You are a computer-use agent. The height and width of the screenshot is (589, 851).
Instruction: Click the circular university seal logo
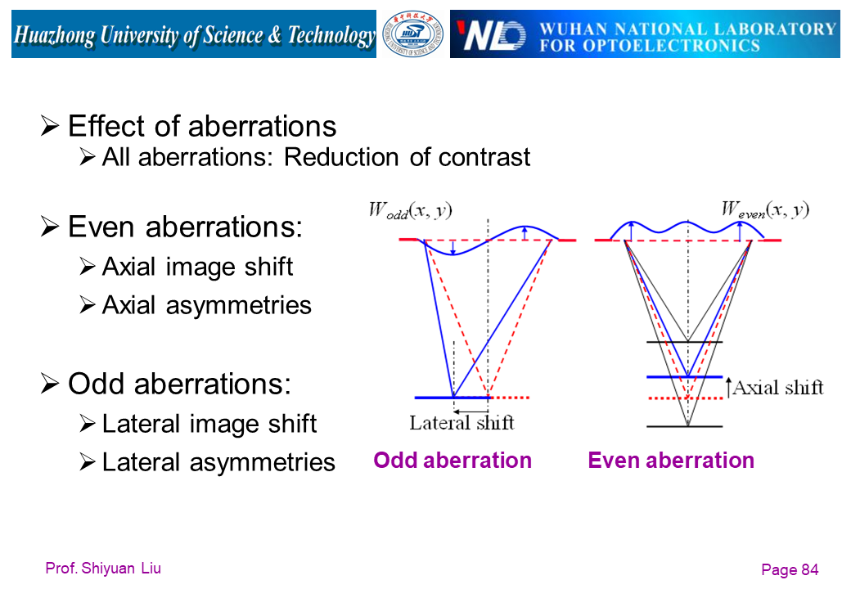pos(413,34)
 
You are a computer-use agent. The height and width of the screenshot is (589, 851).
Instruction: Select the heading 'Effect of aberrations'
pos(201,126)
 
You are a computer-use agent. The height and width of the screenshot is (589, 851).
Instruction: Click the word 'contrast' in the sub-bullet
pos(485,156)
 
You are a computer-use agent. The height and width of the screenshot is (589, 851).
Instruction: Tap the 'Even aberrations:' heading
pos(185,227)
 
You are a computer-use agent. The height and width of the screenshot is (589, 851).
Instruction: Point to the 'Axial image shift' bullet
pos(197,266)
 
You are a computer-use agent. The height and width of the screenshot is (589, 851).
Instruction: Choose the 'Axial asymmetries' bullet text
pos(206,305)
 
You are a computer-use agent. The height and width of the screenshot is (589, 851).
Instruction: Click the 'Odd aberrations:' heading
pos(178,383)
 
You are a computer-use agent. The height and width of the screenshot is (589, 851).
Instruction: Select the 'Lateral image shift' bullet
pos(209,423)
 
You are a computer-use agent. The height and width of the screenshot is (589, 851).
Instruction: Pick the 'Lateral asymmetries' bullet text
pos(218,462)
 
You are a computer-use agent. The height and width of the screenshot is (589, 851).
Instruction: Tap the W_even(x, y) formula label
pos(765,209)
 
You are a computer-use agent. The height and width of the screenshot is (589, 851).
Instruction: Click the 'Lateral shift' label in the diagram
pos(462,423)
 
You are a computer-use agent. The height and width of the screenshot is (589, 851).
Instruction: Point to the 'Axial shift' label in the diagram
pos(777,388)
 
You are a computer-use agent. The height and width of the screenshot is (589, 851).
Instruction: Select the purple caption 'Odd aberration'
pos(453,461)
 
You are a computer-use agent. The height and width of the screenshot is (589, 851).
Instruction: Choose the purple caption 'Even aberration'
pos(671,461)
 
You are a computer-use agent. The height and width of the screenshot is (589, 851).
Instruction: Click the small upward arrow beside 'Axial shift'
pos(728,388)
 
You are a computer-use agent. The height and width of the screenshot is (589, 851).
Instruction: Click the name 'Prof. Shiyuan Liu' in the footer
pos(103,569)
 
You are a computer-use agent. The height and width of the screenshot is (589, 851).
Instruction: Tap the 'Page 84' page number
pos(790,570)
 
